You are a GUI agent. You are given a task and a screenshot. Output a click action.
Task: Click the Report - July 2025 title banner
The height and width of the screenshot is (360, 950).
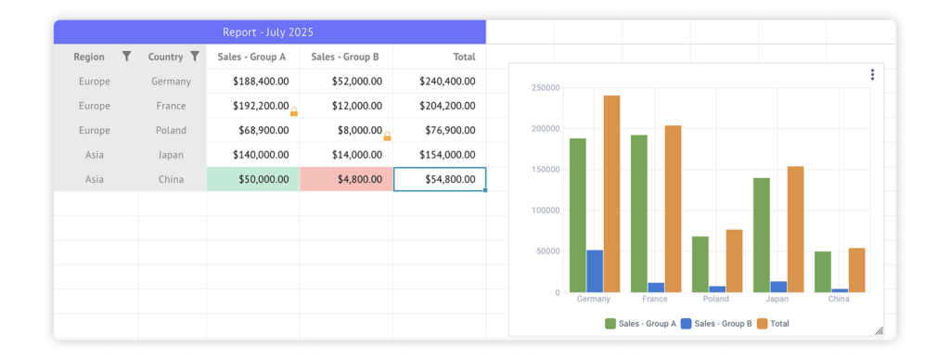269,32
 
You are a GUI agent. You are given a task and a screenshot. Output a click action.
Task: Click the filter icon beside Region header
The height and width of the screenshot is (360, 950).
126,57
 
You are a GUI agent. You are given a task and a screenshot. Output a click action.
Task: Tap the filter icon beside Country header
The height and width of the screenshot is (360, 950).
195,57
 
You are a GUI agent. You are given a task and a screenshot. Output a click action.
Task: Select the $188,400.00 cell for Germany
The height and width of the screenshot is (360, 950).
253,82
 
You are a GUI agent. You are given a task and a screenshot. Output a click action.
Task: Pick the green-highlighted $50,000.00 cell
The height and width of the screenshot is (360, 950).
253,179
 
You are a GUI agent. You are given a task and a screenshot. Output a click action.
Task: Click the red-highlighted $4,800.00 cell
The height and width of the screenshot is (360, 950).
346,179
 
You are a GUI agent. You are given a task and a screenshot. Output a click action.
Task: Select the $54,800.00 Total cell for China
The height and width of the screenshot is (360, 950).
440,179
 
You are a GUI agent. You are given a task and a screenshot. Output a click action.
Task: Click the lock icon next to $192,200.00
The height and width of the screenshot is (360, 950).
294,111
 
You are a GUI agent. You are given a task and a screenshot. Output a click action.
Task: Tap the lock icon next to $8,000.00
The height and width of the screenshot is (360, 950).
387,136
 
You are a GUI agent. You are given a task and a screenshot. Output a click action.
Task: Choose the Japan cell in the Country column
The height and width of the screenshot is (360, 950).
172,155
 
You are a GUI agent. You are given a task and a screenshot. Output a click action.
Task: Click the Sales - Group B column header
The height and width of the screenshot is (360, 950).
346,57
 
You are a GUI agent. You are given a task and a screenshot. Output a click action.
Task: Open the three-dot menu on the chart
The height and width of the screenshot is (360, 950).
872,75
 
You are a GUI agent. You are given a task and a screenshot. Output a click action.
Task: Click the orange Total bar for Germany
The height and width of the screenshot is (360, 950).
611,194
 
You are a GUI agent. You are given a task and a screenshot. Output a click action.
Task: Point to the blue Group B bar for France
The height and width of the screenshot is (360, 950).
656,288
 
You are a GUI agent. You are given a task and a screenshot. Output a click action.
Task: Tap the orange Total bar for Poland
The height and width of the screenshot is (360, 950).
734,261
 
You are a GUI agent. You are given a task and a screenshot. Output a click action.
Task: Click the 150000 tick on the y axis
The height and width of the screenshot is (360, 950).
545,170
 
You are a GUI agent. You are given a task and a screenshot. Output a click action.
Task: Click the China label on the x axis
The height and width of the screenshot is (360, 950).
839,300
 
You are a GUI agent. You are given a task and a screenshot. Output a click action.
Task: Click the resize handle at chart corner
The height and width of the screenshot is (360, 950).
879,331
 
